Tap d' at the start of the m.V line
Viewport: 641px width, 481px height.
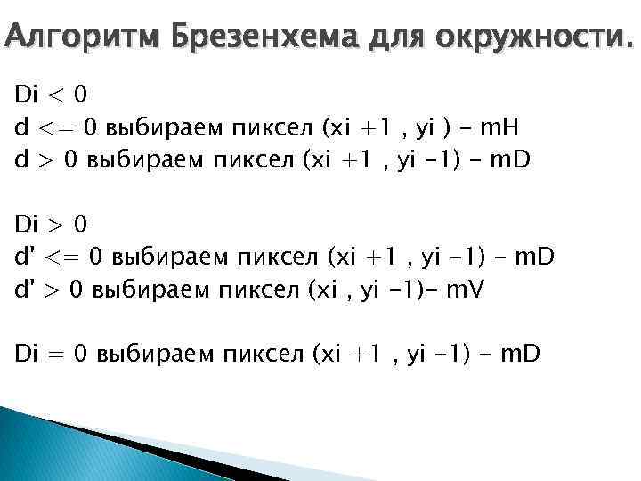(22, 289)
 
